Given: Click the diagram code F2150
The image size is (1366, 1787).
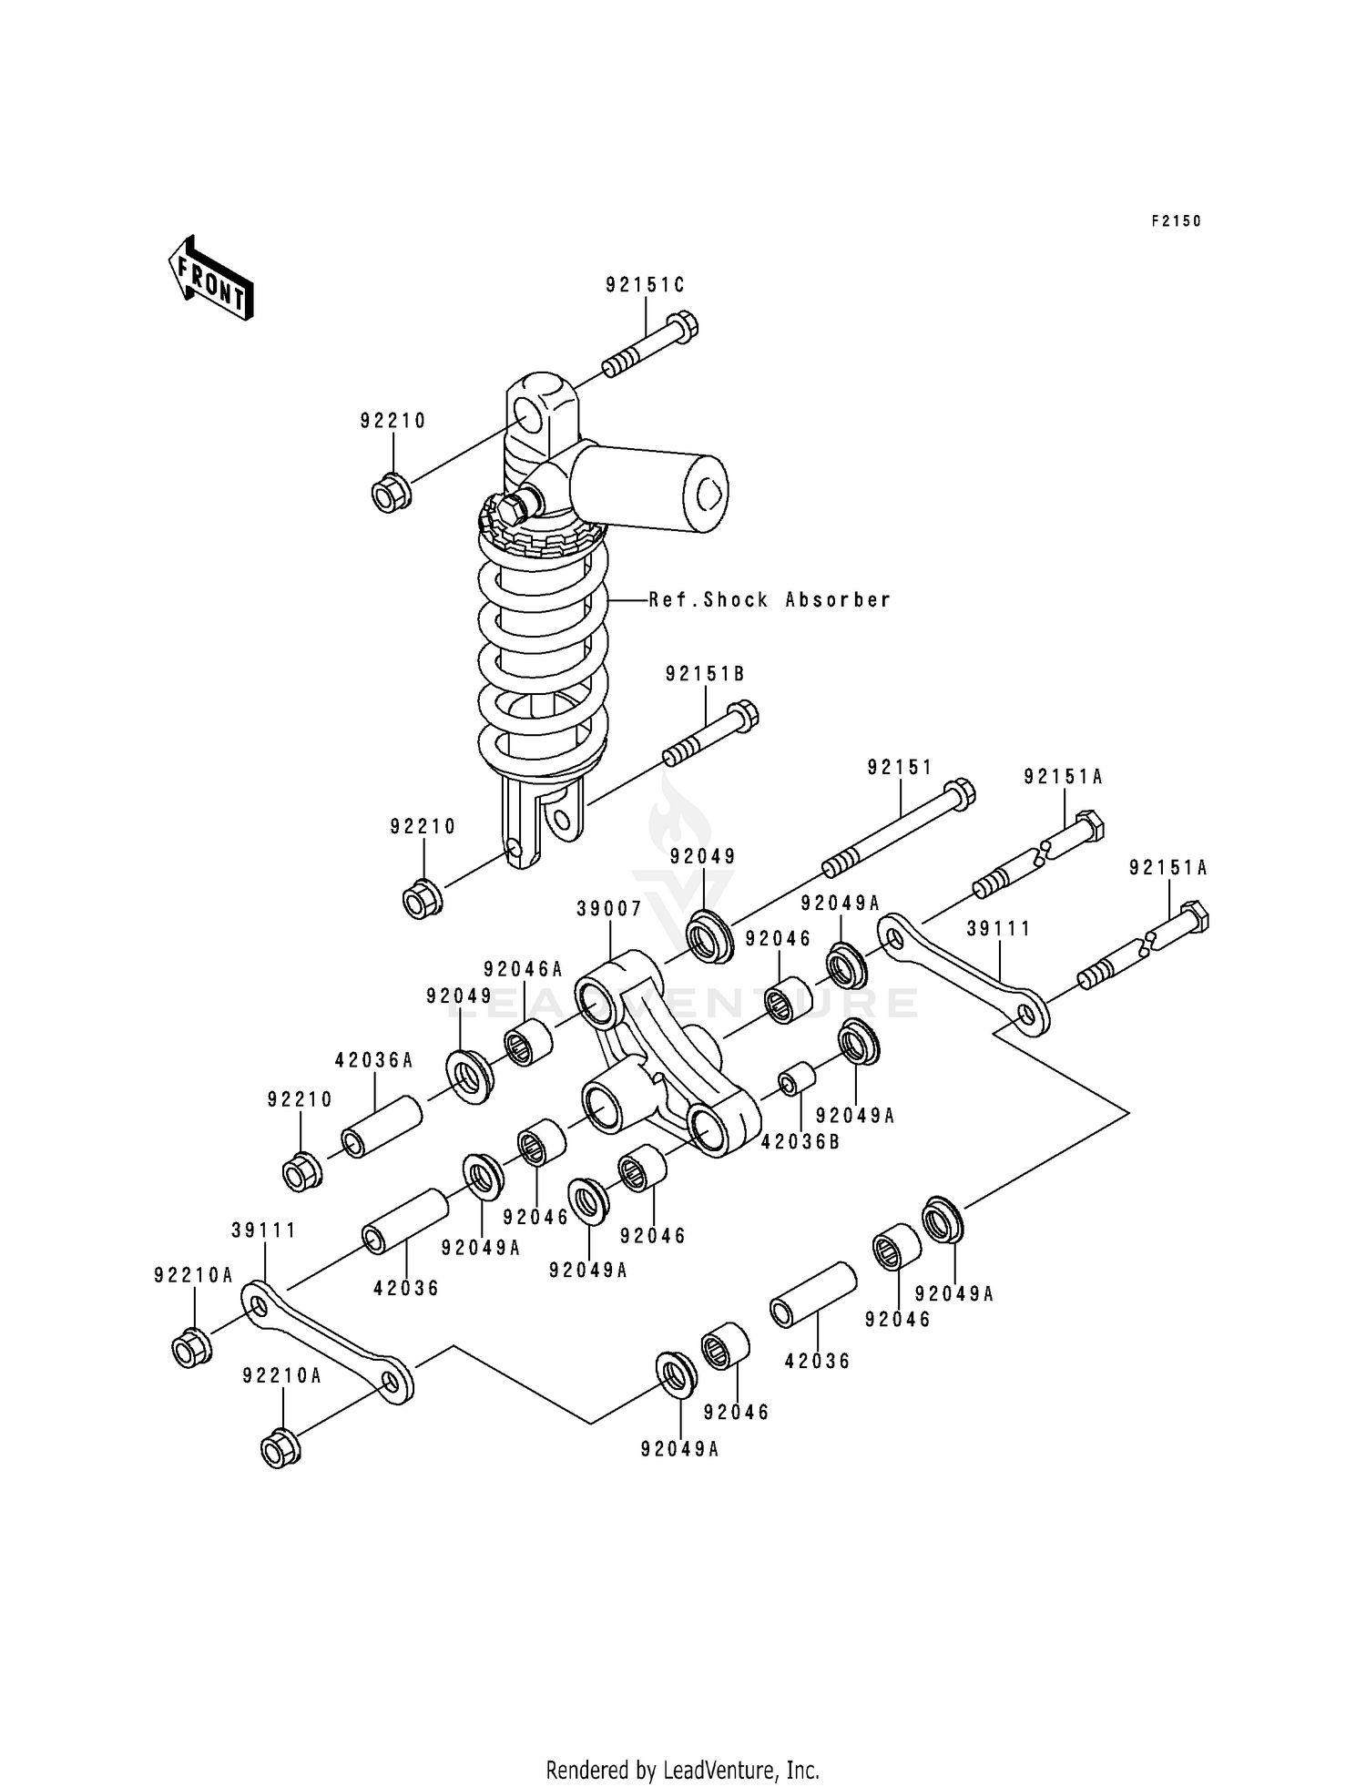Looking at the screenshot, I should point(1176,221).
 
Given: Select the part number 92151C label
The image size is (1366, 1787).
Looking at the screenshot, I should point(645,285).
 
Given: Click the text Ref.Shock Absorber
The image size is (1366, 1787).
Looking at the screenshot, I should point(770,600).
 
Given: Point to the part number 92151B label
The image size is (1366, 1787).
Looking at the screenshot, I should point(705,674).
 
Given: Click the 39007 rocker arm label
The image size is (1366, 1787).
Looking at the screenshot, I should point(609,909).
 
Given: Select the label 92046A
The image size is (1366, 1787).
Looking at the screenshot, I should point(524,969).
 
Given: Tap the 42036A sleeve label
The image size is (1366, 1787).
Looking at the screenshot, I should point(374,1060).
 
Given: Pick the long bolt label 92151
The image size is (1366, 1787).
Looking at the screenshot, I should point(900,768).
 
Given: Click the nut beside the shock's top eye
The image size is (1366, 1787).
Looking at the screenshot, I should point(392,494).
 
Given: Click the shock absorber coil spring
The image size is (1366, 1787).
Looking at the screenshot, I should point(543,656).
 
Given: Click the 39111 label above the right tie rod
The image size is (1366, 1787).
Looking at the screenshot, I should point(998,929).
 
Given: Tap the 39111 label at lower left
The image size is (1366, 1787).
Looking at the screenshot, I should point(264,1230).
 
